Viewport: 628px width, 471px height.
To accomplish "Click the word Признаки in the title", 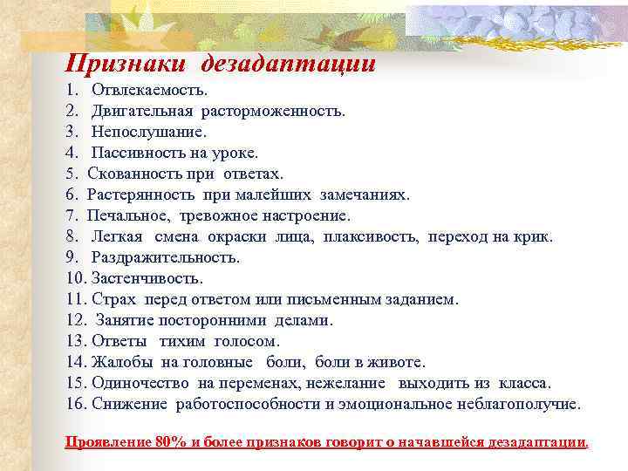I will (127, 63).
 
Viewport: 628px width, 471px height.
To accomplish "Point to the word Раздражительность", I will (165, 258).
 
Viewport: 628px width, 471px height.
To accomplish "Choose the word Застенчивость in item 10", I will (151, 279).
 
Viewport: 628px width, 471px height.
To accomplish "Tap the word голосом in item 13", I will (249, 342).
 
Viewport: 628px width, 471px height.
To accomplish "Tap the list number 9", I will (71, 258).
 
